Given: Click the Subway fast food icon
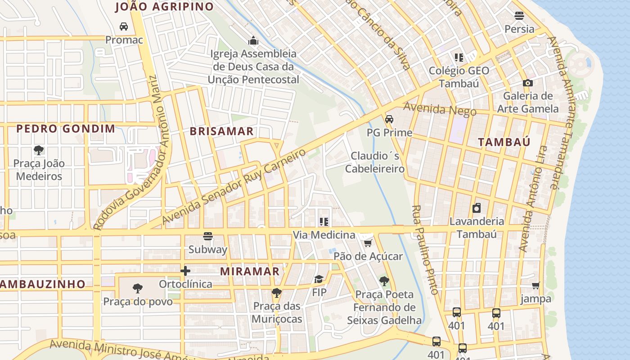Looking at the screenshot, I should [x=207, y=236].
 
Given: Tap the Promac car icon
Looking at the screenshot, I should [x=124, y=27].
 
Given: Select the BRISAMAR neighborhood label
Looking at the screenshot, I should [x=221, y=131].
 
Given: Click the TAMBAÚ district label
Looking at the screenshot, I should [x=504, y=142].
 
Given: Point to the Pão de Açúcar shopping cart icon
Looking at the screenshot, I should [x=368, y=243].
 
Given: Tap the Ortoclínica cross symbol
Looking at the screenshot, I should [x=185, y=271].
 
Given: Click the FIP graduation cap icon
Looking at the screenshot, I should [x=319, y=279].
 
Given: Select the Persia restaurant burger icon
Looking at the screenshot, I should [x=519, y=16].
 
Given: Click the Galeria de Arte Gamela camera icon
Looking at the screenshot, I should [x=527, y=83].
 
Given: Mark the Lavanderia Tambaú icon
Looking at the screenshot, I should [x=477, y=208].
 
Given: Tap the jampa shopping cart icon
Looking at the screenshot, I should [x=535, y=285].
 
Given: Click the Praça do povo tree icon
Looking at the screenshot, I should [x=138, y=288].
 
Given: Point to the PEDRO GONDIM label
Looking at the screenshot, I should [x=66, y=129].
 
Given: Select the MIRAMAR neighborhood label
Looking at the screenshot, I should [x=250, y=271].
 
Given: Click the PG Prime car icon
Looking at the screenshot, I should [x=389, y=119].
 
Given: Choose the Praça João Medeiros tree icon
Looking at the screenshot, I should [x=39, y=150].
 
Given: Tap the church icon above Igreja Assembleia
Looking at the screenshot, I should [x=254, y=41].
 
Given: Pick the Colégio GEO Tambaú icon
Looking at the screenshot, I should [x=459, y=58].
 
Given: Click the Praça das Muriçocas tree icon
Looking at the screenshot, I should [x=276, y=293].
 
